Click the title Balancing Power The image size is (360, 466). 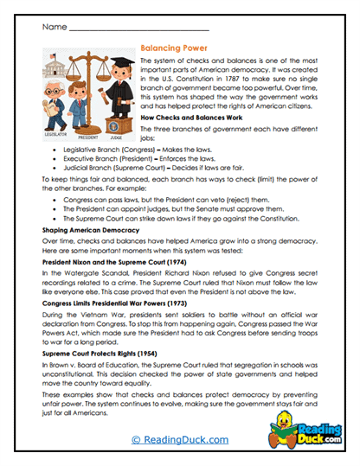click(x=173, y=51)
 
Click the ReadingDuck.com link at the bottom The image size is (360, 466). click(x=179, y=441)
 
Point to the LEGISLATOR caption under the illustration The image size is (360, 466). click(x=55, y=134)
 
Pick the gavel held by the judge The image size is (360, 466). click(x=103, y=97)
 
